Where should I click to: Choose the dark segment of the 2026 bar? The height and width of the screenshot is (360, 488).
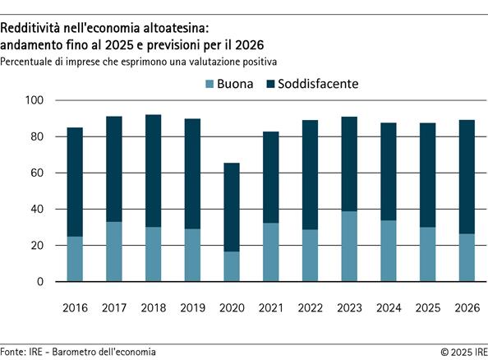click(x=464, y=177)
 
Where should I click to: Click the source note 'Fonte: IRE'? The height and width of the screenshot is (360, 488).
click(x=22, y=351)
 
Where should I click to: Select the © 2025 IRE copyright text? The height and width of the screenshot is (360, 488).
click(x=457, y=351)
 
